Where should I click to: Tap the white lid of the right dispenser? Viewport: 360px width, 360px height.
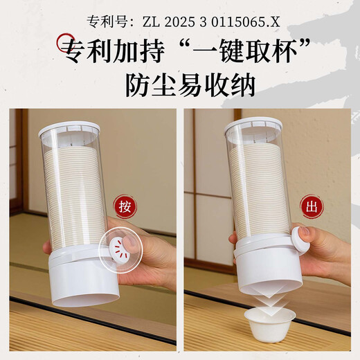pos(253,125)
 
